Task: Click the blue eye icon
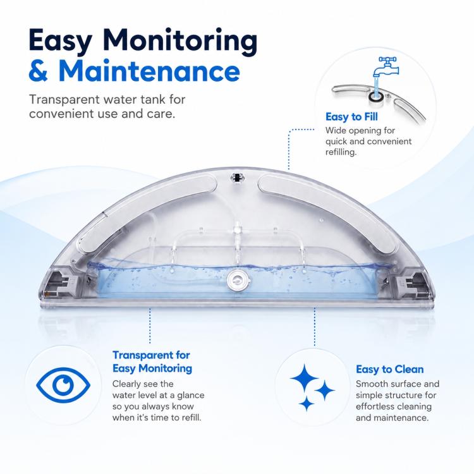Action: [x=63, y=385]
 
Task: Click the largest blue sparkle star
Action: [x=304, y=378]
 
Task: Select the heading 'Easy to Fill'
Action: [x=351, y=117]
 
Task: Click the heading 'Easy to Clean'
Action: [x=390, y=369]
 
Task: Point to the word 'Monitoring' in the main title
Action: [x=181, y=41]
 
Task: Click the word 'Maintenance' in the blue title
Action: [x=149, y=71]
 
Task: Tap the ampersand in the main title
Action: [x=39, y=71]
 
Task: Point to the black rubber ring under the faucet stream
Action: [x=377, y=97]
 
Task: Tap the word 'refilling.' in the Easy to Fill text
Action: [x=341, y=152]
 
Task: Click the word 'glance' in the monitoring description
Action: [x=190, y=396]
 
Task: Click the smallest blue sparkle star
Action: [x=307, y=404]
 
